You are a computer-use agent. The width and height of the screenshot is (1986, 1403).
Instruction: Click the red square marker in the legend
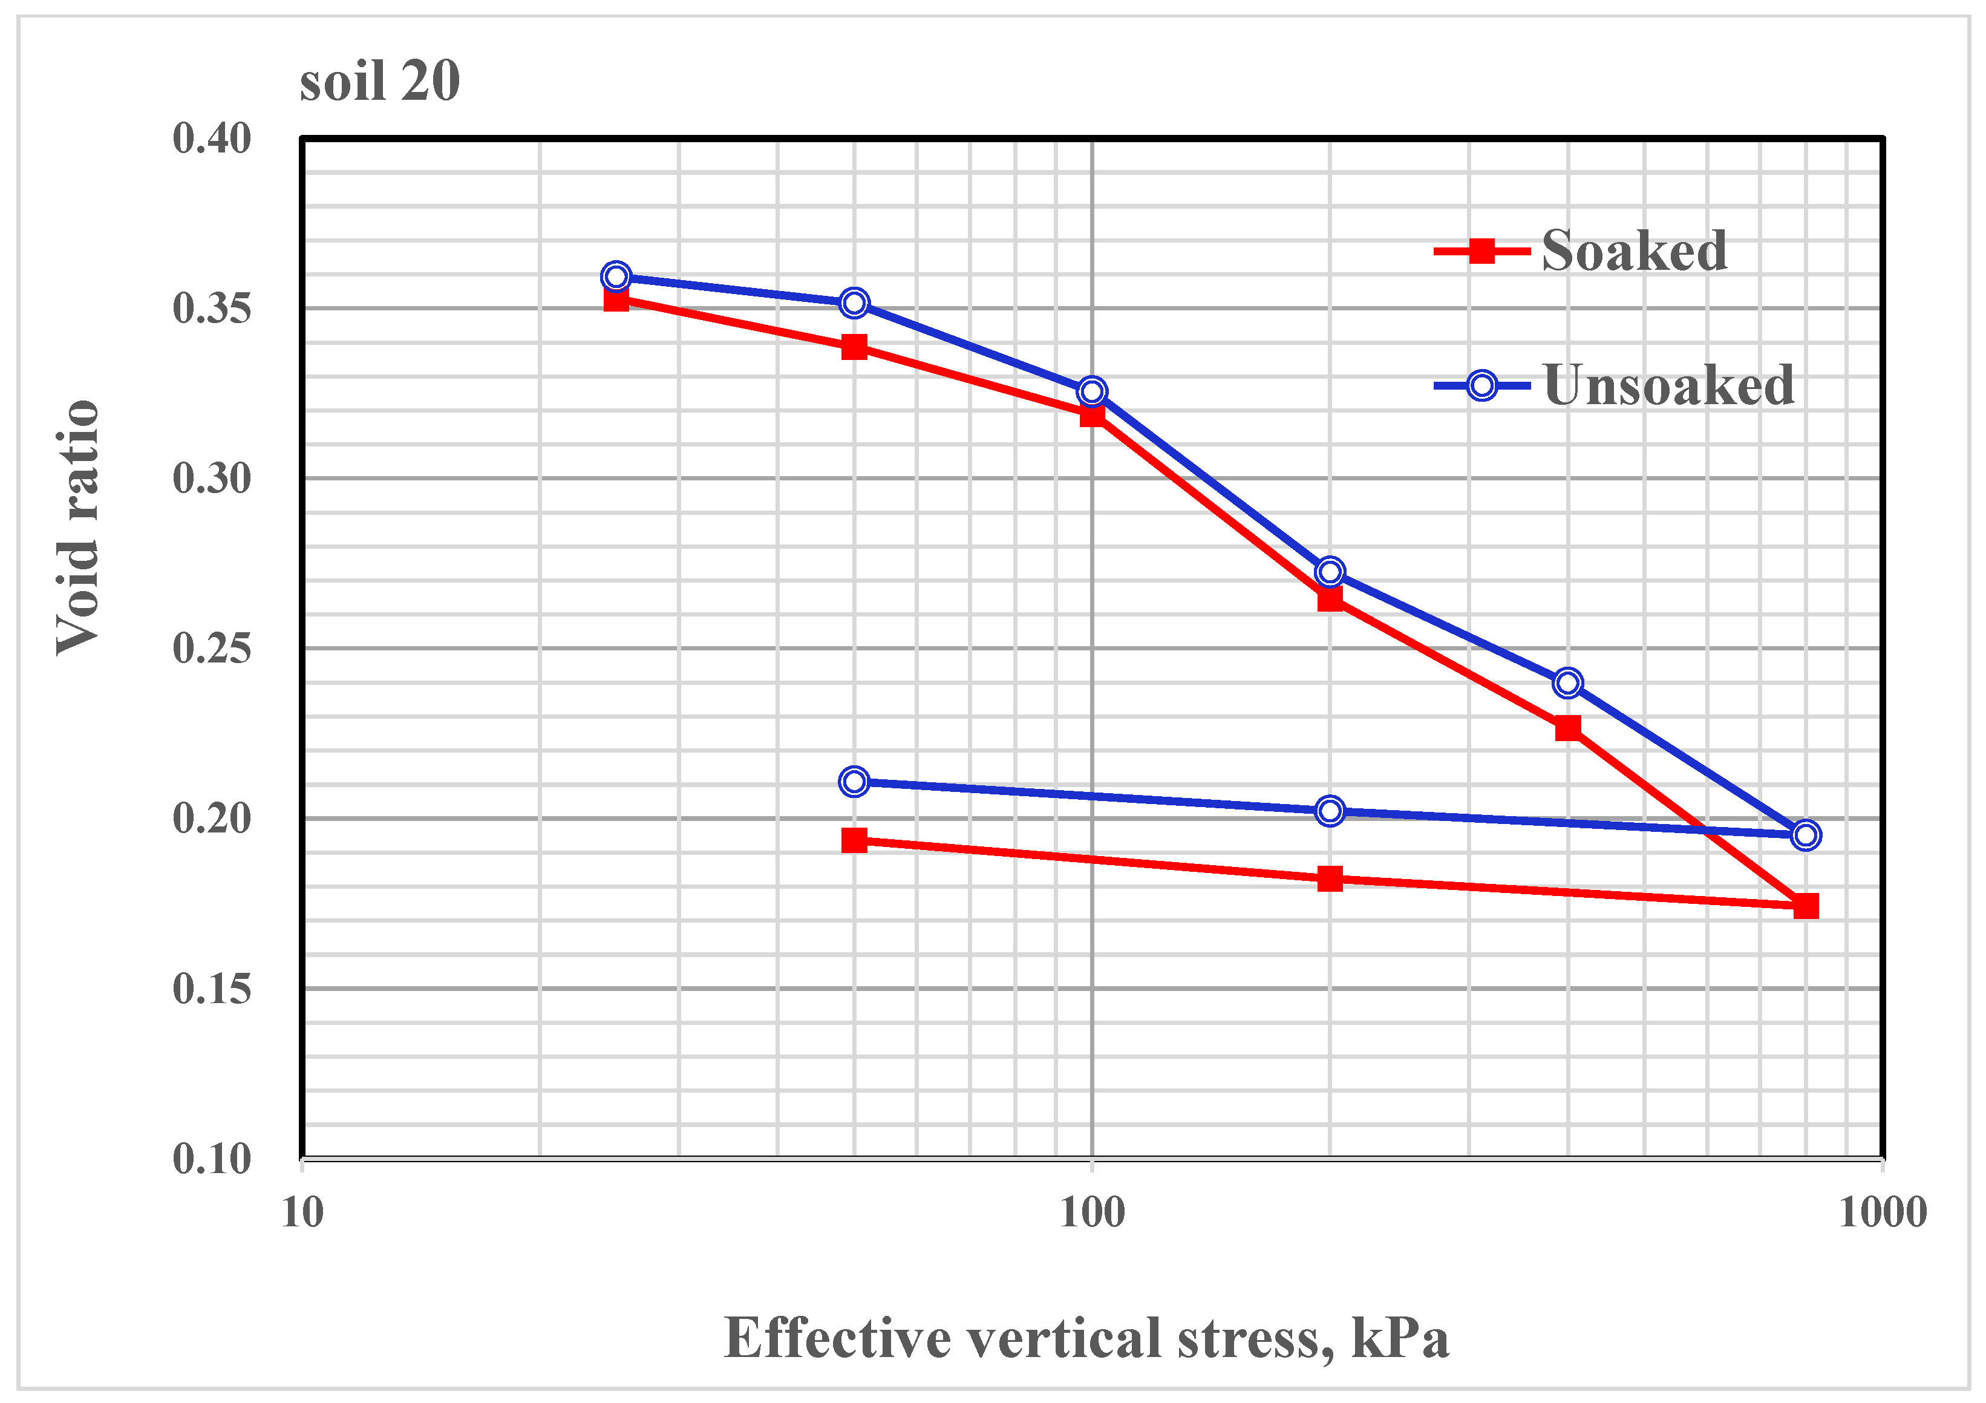1481,252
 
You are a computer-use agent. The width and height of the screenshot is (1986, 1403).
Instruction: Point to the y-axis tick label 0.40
211,139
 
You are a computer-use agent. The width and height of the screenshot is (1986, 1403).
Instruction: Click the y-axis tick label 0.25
211,649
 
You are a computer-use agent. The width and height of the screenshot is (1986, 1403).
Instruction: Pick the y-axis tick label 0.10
211,1159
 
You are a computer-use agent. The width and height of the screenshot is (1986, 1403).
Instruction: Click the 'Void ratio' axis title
78,528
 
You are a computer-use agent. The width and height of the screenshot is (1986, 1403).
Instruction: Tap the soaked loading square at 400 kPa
1567,728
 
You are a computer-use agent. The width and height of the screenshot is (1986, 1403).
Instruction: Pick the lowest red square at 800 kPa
1805,906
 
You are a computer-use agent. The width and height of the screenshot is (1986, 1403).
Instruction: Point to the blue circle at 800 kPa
1805,835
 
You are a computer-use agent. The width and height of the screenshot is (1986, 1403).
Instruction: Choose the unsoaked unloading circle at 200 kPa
1330,811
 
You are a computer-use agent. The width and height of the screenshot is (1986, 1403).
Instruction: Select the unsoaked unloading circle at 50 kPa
854,782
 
